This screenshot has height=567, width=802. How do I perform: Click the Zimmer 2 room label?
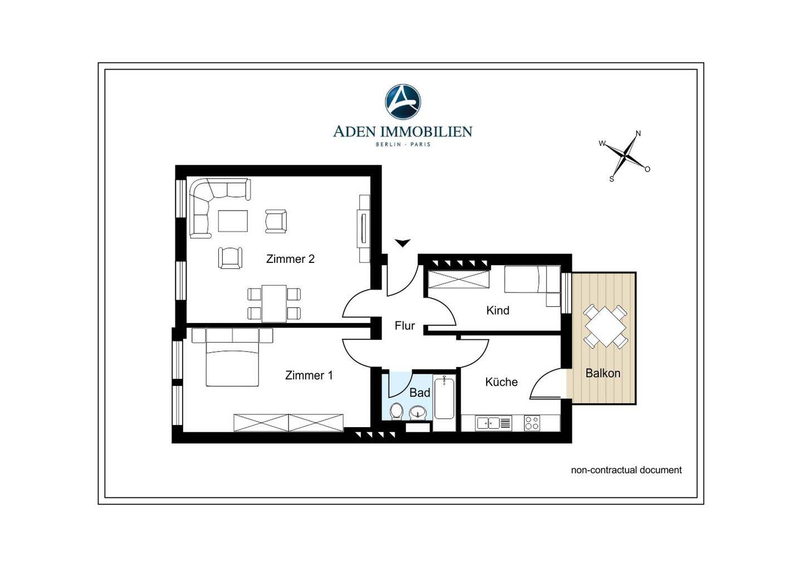(x=290, y=259)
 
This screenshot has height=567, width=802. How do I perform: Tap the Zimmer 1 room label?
(x=309, y=375)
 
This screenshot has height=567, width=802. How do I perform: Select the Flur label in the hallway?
(x=404, y=325)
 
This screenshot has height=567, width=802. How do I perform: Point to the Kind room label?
(x=498, y=310)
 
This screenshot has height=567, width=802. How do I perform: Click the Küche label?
(x=501, y=382)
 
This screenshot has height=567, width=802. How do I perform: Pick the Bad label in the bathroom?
(x=419, y=393)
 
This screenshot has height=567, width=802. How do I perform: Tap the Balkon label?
(x=603, y=373)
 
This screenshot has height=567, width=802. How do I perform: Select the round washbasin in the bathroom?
(x=418, y=412)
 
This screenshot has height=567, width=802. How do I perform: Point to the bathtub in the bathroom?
(x=444, y=397)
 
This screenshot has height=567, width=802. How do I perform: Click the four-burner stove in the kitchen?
(x=532, y=423)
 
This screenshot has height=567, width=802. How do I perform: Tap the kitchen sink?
(x=493, y=423)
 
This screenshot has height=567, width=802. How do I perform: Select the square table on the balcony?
(x=605, y=326)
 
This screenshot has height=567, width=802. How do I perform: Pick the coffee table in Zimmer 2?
(x=233, y=221)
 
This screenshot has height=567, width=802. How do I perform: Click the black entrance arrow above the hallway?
(x=403, y=243)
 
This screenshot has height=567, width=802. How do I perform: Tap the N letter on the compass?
(x=638, y=134)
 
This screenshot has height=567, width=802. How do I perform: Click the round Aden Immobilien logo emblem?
(x=403, y=102)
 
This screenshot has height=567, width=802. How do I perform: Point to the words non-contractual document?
(x=626, y=470)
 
